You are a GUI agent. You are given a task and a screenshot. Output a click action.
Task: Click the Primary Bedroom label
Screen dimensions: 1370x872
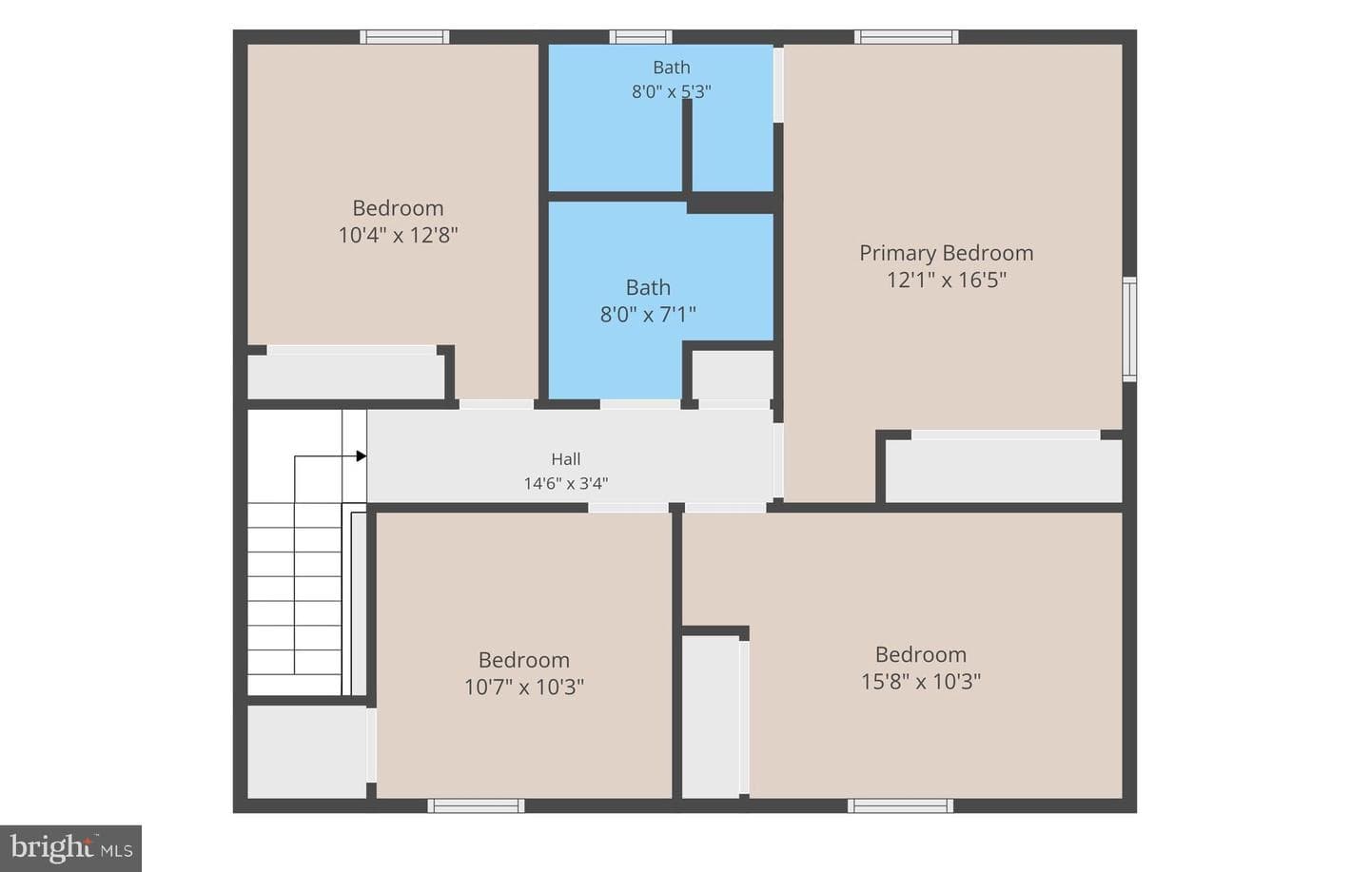[x=946, y=253]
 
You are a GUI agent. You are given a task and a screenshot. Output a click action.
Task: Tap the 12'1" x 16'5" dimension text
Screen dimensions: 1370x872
[x=946, y=281]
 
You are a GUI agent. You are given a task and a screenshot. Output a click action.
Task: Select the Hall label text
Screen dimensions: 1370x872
[x=566, y=458]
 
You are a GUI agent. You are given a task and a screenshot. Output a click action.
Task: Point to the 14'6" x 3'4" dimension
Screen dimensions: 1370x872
[x=566, y=484]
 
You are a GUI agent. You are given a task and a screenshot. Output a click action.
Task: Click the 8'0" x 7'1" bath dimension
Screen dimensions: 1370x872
[x=648, y=315]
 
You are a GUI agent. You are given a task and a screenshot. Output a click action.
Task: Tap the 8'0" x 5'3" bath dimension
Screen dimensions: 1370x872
[x=671, y=91]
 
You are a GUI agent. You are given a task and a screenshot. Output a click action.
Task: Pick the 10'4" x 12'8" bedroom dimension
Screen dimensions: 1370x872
[x=398, y=235]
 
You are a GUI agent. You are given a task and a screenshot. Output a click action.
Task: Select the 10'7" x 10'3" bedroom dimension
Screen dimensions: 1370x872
[x=524, y=688]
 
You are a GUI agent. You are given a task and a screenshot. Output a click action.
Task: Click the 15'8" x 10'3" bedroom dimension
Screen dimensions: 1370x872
[x=921, y=681]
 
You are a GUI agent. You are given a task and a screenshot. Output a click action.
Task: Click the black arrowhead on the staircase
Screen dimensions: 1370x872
[x=362, y=456]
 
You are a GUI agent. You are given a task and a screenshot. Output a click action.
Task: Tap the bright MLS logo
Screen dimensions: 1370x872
[x=71, y=849]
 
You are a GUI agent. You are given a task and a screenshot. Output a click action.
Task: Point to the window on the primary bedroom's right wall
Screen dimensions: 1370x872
[x=1129, y=329]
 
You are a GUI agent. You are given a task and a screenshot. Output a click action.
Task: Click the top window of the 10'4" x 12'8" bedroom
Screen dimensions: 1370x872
[x=404, y=37]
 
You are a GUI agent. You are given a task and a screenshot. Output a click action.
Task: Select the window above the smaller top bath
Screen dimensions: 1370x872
[x=640, y=37]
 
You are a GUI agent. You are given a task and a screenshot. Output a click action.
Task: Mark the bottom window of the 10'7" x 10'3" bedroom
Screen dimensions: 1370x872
[x=476, y=806]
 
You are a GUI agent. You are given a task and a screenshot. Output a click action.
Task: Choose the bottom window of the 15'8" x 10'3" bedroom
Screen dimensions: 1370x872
[x=900, y=806]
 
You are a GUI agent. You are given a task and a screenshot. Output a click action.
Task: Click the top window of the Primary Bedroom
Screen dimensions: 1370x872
[x=907, y=37]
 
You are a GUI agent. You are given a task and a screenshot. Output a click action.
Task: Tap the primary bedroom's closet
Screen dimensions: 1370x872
[x=1004, y=471]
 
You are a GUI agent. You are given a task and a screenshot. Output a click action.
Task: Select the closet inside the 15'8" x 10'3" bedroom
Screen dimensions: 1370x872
[x=711, y=717]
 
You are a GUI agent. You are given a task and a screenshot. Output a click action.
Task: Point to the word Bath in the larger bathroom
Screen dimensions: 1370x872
[x=648, y=287]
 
